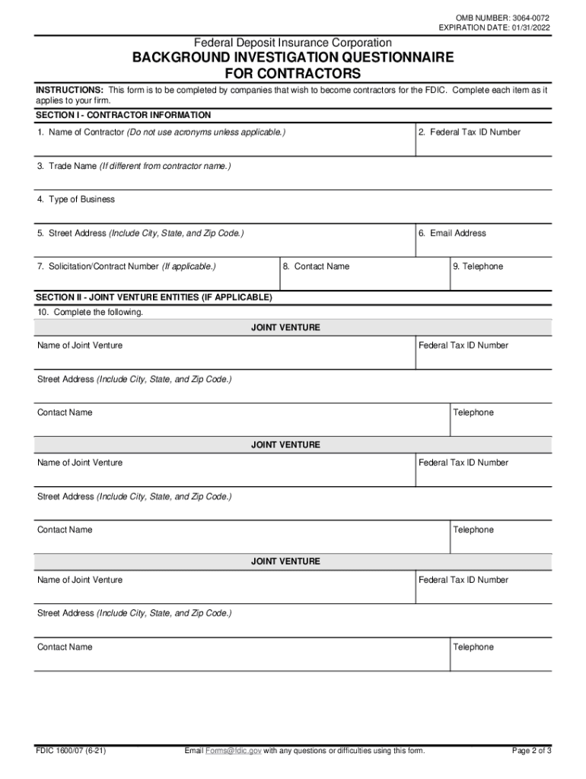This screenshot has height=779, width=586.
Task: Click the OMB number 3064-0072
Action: [527, 17]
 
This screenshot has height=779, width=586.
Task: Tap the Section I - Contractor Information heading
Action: [123, 115]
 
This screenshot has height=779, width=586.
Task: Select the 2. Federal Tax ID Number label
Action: [470, 132]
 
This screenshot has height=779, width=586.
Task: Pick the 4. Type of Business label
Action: [76, 199]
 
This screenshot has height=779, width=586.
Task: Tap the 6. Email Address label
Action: [452, 233]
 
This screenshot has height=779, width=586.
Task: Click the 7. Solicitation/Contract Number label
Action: [99, 266]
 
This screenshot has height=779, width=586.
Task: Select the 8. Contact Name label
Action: [316, 266]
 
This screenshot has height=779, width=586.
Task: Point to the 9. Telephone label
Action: [477, 266]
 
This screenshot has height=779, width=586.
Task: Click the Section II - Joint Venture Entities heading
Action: [154, 297]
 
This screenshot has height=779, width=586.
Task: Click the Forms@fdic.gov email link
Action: [233, 751]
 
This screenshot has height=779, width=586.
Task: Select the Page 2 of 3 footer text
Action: [531, 751]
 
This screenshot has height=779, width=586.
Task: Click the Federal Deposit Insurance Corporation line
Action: [293, 43]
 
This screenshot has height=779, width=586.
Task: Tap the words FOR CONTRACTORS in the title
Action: [293, 74]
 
